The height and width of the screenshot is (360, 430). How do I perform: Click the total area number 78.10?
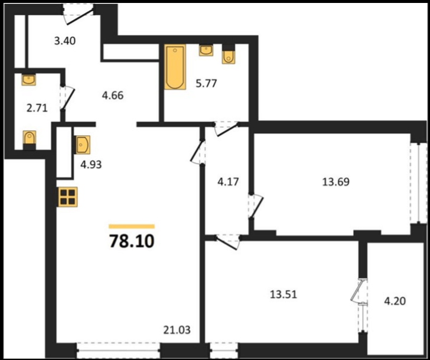pos(132,241)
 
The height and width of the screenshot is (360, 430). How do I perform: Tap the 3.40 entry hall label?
pos(65,41)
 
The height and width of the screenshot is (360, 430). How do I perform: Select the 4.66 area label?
pos(112,96)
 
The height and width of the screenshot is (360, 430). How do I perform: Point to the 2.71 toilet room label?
pos(37,108)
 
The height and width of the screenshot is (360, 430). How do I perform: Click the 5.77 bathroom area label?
pos(206,83)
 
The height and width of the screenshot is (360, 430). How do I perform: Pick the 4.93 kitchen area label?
pos(91,165)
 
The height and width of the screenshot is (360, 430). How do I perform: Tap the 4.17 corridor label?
pos(228,182)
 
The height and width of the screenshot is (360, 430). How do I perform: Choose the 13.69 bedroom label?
pos(335,182)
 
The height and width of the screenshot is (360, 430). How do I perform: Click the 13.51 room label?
pos(284,295)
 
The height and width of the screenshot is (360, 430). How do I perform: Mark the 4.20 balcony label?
pos(395,301)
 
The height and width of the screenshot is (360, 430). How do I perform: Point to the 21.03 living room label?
pos(177,330)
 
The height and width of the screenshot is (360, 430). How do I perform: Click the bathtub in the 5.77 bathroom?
pos(175,67)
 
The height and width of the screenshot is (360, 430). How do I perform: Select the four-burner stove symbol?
pos(68,197)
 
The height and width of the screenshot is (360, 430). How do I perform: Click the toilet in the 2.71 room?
pos(30,140)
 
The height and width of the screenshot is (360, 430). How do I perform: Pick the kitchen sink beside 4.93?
pos(82,145)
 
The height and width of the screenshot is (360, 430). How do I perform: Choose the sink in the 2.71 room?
pos(28,80)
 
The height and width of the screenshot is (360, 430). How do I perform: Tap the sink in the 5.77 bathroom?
pos(206,50)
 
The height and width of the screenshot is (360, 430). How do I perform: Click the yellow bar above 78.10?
pos(132,226)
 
